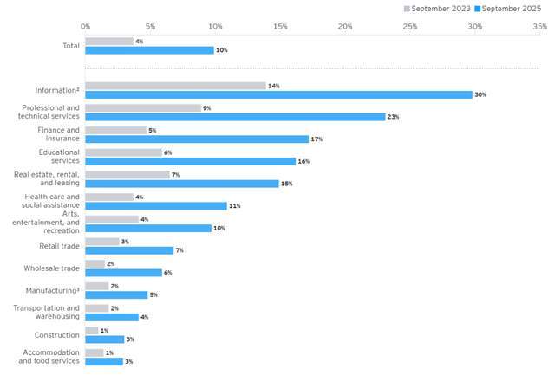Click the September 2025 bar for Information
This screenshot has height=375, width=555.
(278, 94)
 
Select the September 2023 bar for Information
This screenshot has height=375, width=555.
(175, 86)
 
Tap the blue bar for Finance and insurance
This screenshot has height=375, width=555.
(197, 139)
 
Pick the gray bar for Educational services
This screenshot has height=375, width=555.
(123, 152)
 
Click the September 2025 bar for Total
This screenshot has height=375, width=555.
(149, 50)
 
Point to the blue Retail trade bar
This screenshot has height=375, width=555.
(129, 250)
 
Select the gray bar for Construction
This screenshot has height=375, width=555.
(92, 331)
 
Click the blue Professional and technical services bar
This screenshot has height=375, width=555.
(235, 117)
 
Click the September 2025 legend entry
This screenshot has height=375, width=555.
(513, 8)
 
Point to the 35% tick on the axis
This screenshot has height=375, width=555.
(539, 27)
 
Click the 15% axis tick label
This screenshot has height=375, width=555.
(280, 27)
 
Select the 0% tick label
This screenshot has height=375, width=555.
(85, 27)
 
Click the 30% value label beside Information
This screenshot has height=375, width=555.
(480, 94)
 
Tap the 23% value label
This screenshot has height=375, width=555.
(393, 117)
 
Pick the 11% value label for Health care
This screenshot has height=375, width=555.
(234, 206)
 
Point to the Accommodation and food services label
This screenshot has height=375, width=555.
(49, 357)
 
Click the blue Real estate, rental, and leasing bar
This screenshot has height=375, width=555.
(182, 184)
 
